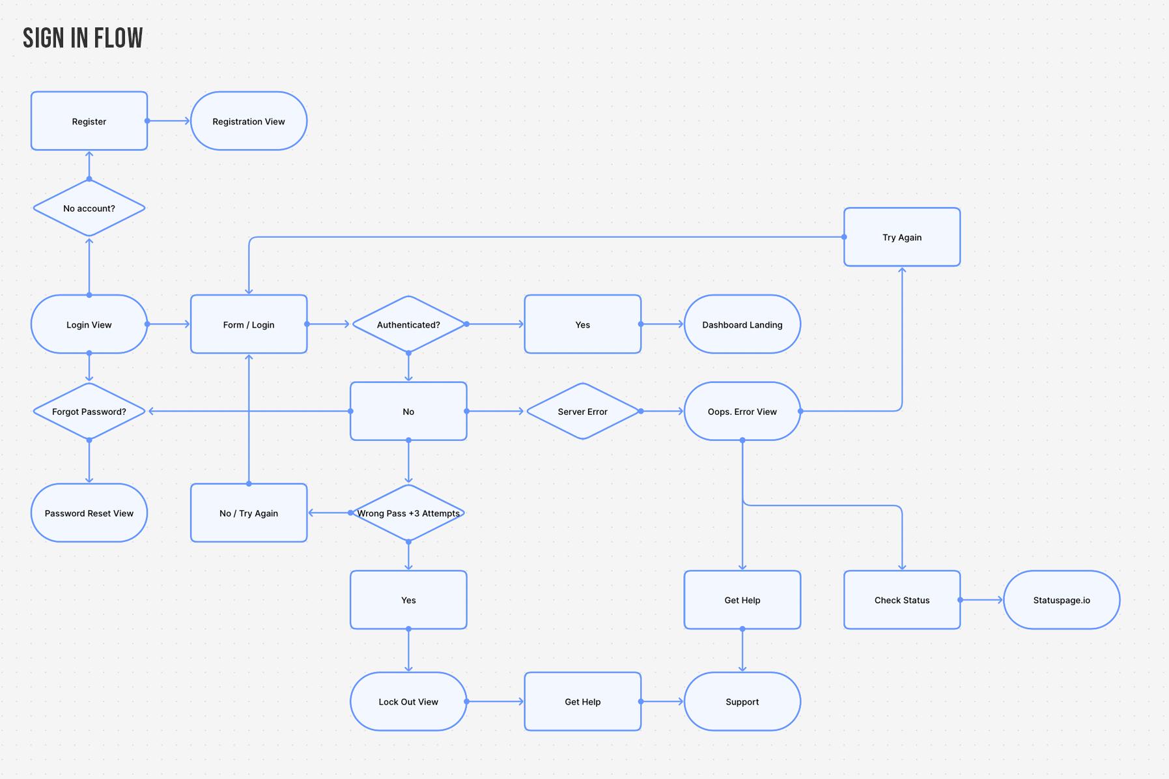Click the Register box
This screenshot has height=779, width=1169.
tap(89, 121)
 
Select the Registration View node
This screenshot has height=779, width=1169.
tap(249, 121)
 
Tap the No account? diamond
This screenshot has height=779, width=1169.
tap(89, 208)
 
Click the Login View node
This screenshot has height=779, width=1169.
tap(89, 324)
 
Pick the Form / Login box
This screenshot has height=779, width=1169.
tap(249, 324)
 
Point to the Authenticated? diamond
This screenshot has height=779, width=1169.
tap(408, 324)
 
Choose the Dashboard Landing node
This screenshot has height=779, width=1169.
tap(742, 324)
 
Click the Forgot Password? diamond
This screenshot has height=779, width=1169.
tap(89, 412)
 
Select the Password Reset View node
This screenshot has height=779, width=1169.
tap(89, 513)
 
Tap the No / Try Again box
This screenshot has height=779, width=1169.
tap(249, 513)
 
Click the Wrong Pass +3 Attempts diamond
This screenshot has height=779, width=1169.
tap(408, 513)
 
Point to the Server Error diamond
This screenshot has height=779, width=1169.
tap(582, 412)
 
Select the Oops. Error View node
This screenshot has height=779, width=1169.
tap(742, 412)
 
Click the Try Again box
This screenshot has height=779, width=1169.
tap(901, 237)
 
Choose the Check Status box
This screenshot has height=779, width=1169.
tap(901, 600)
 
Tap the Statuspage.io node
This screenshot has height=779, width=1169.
tap(1061, 600)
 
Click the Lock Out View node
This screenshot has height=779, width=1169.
tap(408, 701)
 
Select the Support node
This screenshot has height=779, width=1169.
tap(742, 701)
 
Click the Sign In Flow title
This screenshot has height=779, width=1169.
tap(83, 38)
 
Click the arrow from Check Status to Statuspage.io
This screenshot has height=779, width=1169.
tap(981, 600)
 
